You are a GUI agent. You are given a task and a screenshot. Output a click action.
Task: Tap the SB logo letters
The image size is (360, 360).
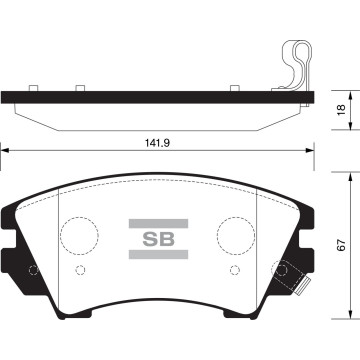(158, 239)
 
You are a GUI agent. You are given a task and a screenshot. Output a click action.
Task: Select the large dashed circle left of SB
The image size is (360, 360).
(79, 236)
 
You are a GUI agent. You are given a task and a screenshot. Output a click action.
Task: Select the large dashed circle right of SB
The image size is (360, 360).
(237, 236)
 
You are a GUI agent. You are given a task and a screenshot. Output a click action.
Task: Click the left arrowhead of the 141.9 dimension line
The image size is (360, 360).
(5, 152)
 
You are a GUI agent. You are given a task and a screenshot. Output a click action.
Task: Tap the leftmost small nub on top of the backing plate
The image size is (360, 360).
(33, 89)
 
